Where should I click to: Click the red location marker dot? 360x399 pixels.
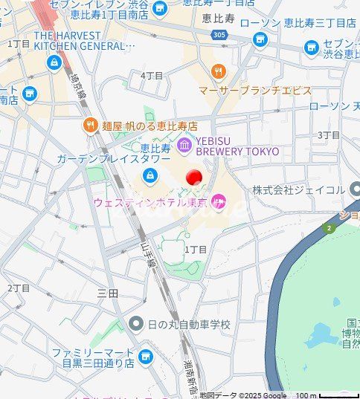coord(193,178)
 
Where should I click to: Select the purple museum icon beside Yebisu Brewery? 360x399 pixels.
coord(184,143)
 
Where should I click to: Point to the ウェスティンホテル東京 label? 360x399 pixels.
coord(150,201)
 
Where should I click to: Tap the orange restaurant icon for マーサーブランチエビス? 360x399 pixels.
coord(218,72)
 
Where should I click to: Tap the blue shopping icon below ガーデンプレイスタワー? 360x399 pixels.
coord(150,175)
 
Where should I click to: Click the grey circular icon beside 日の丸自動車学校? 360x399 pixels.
coord(135,324)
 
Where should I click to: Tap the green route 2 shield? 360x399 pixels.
coord(328,227)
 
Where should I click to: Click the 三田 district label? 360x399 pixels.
coord(108,293)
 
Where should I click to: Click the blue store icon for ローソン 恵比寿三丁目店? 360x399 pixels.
coord(260,39)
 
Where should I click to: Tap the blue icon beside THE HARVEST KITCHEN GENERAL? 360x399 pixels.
coord(54,63)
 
